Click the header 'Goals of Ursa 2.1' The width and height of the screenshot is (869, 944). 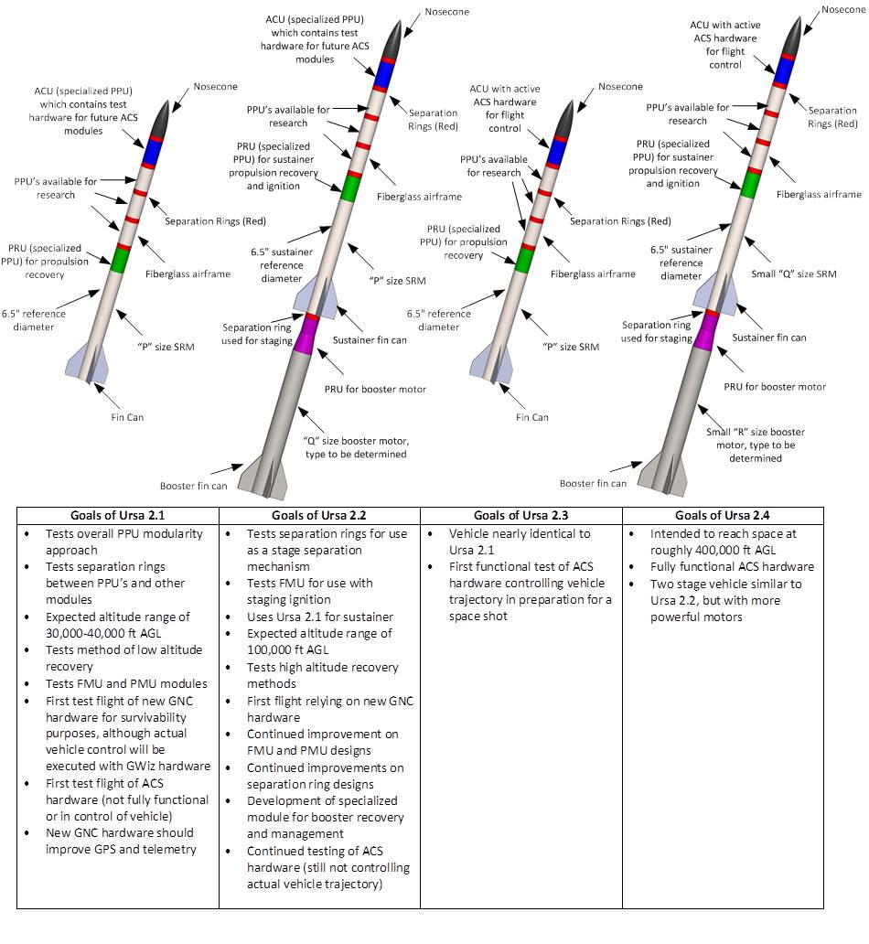117,514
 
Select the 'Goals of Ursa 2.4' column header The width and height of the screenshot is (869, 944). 723,514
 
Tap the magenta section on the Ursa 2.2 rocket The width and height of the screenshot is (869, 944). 308,329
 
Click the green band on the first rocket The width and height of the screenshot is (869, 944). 118,257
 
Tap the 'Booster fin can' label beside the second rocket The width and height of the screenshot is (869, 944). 194,486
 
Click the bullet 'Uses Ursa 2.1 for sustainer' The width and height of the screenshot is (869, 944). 316,617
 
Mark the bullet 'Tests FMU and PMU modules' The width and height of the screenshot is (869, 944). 126,683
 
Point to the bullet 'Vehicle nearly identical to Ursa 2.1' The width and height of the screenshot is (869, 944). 520,542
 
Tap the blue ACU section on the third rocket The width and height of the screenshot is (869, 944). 554,152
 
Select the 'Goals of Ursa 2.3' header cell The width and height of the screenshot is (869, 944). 520,514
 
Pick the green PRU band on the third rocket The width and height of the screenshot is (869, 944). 523,259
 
